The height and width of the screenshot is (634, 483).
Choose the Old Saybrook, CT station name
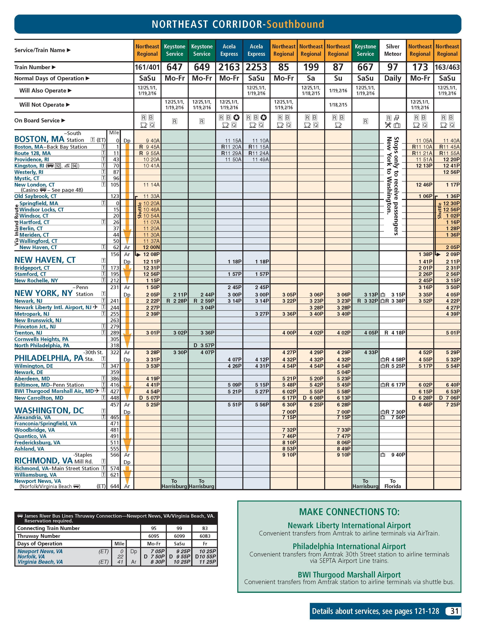(x=35, y=196)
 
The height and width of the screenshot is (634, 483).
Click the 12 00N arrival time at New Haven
(x=151, y=248)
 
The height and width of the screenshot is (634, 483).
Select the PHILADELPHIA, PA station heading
(x=49, y=358)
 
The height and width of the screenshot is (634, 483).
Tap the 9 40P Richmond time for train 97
(x=398, y=455)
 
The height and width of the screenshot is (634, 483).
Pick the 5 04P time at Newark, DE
(x=344, y=372)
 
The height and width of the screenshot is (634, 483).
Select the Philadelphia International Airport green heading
(x=349, y=546)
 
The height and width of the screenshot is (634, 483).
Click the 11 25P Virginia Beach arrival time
(x=207, y=562)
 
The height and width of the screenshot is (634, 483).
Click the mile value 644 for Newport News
(x=114, y=486)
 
